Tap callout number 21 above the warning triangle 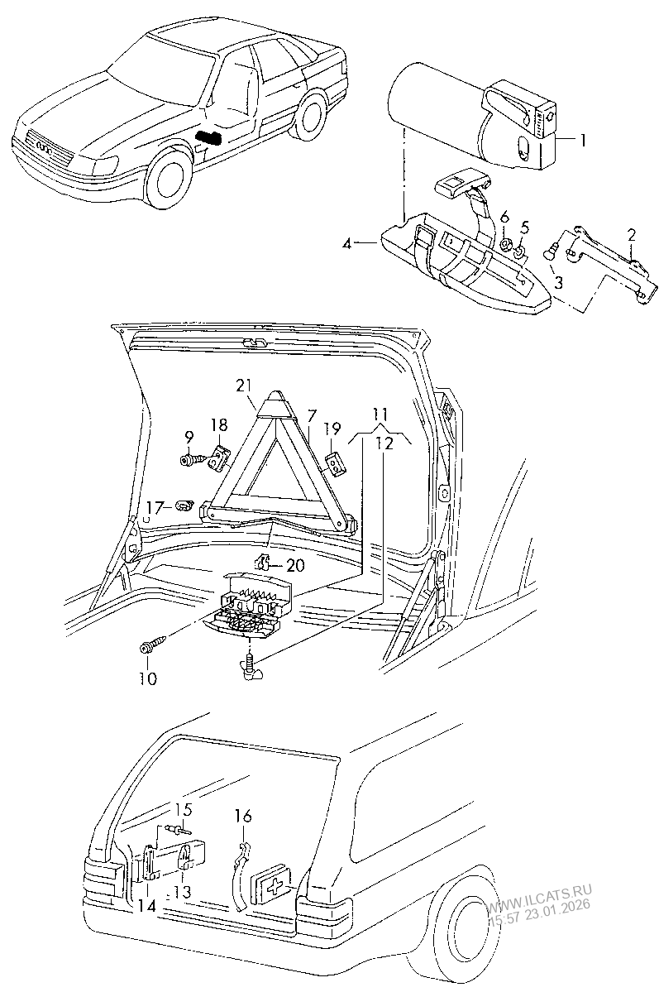pyautogui.click(x=244, y=385)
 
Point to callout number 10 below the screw pyautogui.click(x=148, y=678)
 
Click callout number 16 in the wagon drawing pyautogui.click(x=244, y=816)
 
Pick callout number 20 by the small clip pyautogui.click(x=294, y=565)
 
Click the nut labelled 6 pyautogui.click(x=504, y=242)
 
